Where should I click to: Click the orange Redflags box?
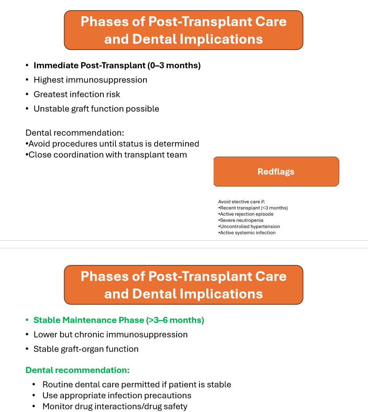point(276,172)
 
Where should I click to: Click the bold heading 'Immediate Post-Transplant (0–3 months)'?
point(117,66)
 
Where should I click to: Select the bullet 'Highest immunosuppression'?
point(90,80)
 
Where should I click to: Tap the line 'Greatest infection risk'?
point(77,94)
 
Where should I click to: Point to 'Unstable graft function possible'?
point(96,109)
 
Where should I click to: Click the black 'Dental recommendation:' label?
point(75,133)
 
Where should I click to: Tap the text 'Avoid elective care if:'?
point(242,202)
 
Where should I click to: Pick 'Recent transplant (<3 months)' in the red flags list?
point(253,208)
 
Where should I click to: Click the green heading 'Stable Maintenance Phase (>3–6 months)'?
point(119,320)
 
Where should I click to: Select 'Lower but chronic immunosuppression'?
point(111,335)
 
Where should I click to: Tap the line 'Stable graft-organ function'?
point(86,349)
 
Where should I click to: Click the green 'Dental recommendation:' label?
point(77,370)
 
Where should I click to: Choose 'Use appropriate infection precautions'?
point(117,395)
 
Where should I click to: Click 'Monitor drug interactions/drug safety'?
point(115,406)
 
